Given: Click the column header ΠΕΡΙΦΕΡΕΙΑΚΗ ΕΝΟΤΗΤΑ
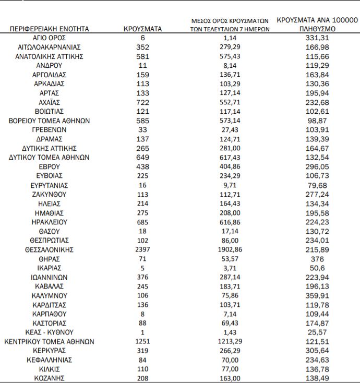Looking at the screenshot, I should pyautogui.click(x=50, y=29).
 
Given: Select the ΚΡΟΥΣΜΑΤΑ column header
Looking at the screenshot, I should pyautogui.click(x=142, y=29).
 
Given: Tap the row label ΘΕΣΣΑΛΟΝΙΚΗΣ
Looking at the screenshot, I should pyautogui.click(x=50, y=249).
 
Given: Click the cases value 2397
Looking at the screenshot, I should pyautogui.click(x=142, y=249).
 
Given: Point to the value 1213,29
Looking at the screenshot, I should pyautogui.click(x=230, y=341).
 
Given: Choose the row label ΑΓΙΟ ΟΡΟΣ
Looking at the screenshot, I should pyautogui.click(x=50, y=38).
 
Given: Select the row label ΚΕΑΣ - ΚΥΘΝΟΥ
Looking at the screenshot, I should pyautogui.click(x=50, y=332).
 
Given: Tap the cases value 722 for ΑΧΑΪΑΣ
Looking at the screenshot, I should pyautogui.click(x=142, y=102).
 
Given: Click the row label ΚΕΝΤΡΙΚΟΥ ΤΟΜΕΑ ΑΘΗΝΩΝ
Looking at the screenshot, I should pyautogui.click(x=50, y=341).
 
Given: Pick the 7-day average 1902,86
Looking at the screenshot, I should pyautogui.click(x=230, y=249).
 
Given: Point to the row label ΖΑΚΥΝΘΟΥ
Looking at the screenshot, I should pyautogui.click(x=50, y=194).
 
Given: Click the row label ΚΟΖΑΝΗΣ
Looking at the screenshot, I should pyautogui.click(x=50, y=378).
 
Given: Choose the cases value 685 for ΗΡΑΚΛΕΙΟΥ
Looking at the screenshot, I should pyautogui.click(x=142, y=222).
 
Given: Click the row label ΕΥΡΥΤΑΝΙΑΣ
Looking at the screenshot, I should pyautogui.click(x=50, y=185).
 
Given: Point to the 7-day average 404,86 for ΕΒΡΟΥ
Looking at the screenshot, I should pyautogui.click(x=230, y=166).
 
